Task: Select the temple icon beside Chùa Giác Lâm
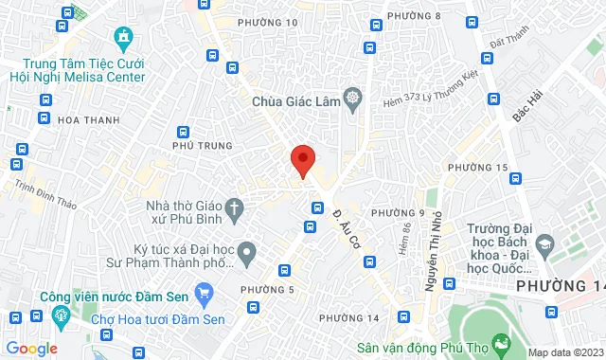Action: click(353, 98)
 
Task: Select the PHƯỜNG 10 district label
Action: click(268, 22)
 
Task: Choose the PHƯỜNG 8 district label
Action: click(419, 16)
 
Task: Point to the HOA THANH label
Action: click(84, 120)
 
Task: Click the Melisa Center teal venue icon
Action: click(122, 37)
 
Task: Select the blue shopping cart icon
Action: click(202, 292)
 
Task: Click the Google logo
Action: click(31, 348)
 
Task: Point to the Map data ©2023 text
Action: click(564, 352)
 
